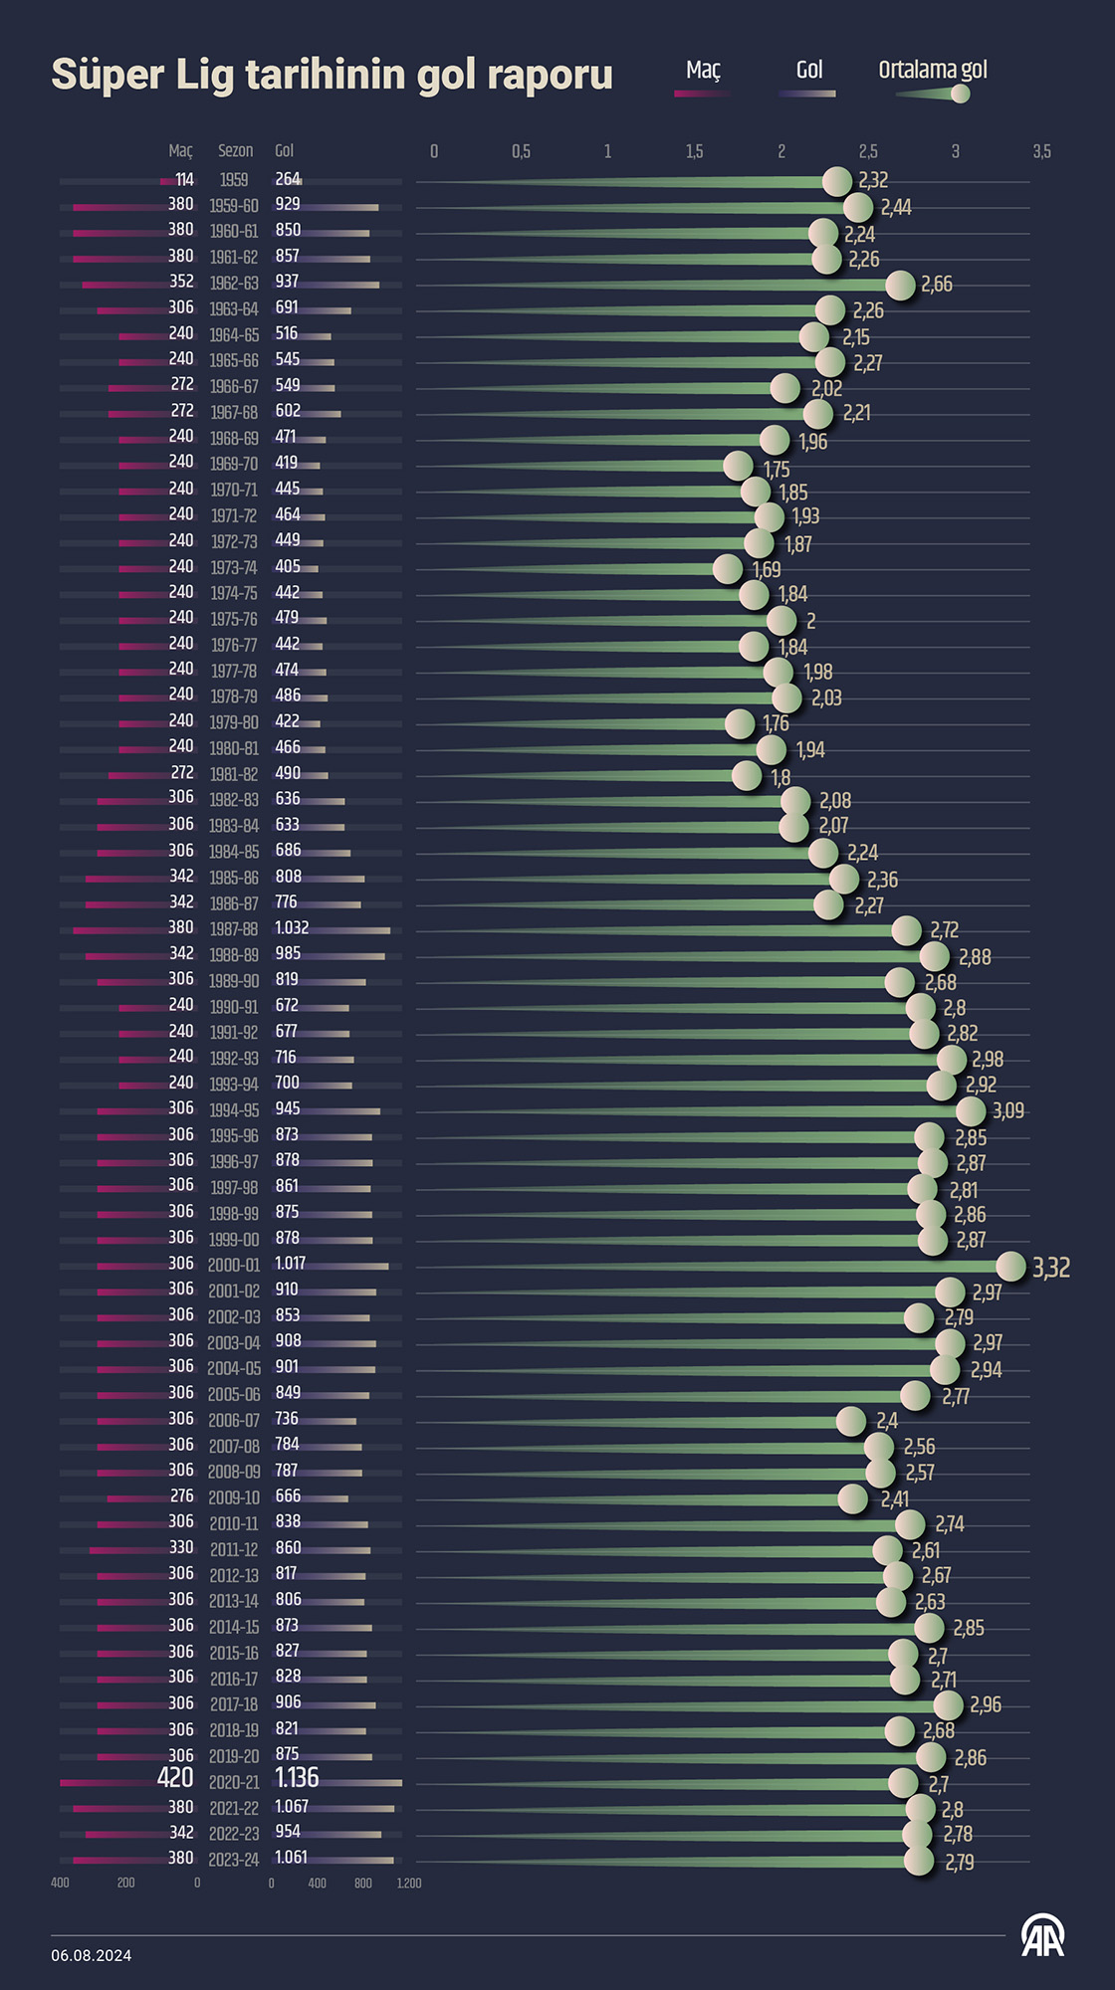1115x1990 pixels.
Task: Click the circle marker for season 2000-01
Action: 1010,1266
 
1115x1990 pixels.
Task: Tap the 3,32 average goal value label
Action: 1051,1268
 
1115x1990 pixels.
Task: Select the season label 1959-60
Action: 234,206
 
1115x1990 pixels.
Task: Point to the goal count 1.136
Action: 297,1778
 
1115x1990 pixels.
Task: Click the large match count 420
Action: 175,1778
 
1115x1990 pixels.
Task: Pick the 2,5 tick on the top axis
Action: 868,151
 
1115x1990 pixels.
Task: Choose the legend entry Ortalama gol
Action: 933,71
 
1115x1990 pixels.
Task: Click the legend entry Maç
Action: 703,71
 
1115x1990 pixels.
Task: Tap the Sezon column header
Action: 236,151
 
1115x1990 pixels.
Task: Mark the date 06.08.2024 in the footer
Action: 92,1955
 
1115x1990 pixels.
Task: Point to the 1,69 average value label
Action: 767,570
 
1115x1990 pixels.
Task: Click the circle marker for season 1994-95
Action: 971,1110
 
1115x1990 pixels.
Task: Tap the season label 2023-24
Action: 234,1859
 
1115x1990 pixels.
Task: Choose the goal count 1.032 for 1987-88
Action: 292,927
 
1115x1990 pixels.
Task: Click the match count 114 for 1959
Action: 184,180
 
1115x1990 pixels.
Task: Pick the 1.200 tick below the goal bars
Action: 409,1883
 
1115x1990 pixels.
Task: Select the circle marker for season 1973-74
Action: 728,568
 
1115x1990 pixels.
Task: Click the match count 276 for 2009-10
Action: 182,1495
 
